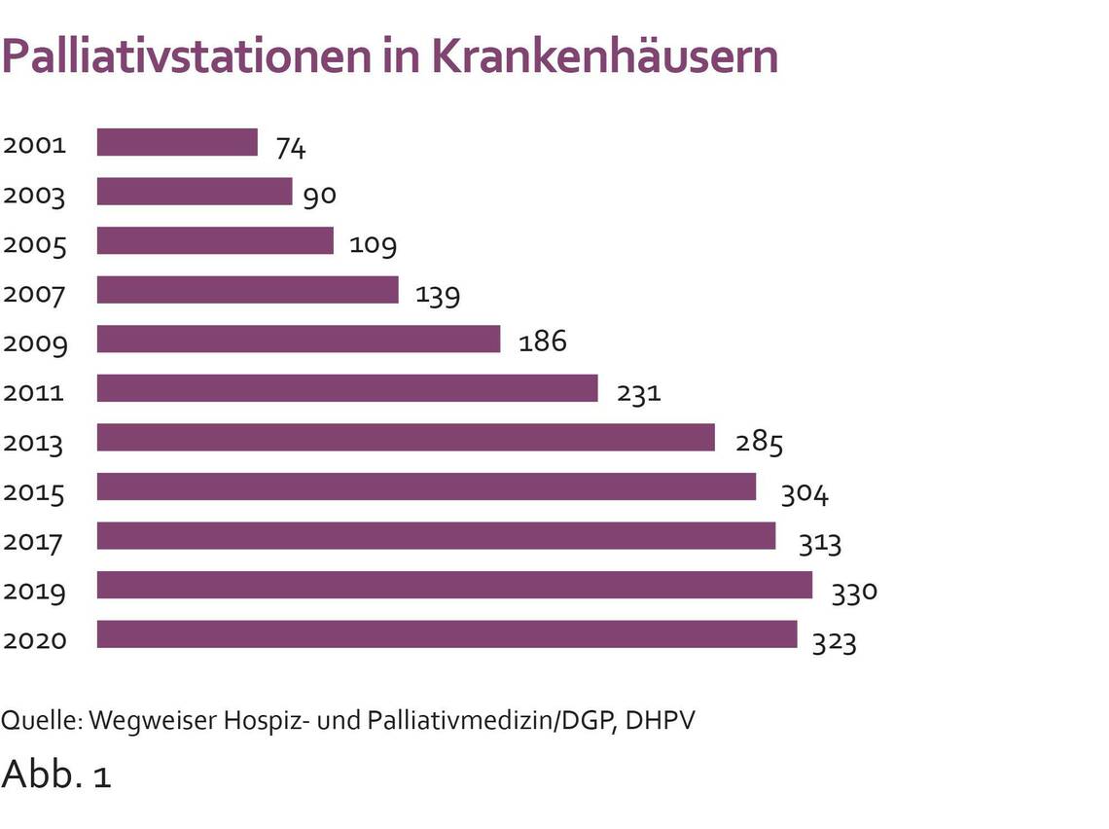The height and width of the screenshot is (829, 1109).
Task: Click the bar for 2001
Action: click(177, 142)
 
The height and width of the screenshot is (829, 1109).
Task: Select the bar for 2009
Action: click(298, 339)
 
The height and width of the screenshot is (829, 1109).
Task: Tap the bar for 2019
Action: click(454, 585)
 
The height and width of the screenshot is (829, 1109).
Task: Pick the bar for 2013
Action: click(406, 437)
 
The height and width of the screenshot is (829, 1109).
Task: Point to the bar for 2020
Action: click(447, 634)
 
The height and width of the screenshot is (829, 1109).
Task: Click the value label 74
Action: click(291, 147)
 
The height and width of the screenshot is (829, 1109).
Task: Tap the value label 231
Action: click(638, 393)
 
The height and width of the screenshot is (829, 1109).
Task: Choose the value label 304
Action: click(805, 494)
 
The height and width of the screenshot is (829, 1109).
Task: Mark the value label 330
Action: click(854, 591)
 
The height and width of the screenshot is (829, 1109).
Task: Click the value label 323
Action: click(835, 642)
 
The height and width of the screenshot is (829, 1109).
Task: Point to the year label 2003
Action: click(34, 196)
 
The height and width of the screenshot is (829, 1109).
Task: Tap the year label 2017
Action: click(34, 541)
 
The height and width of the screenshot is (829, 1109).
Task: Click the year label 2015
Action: click(34, 492)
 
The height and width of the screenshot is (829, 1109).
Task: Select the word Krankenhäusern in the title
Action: click(604, 56)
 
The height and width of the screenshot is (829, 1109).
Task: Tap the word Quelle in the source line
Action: click(42, 721)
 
